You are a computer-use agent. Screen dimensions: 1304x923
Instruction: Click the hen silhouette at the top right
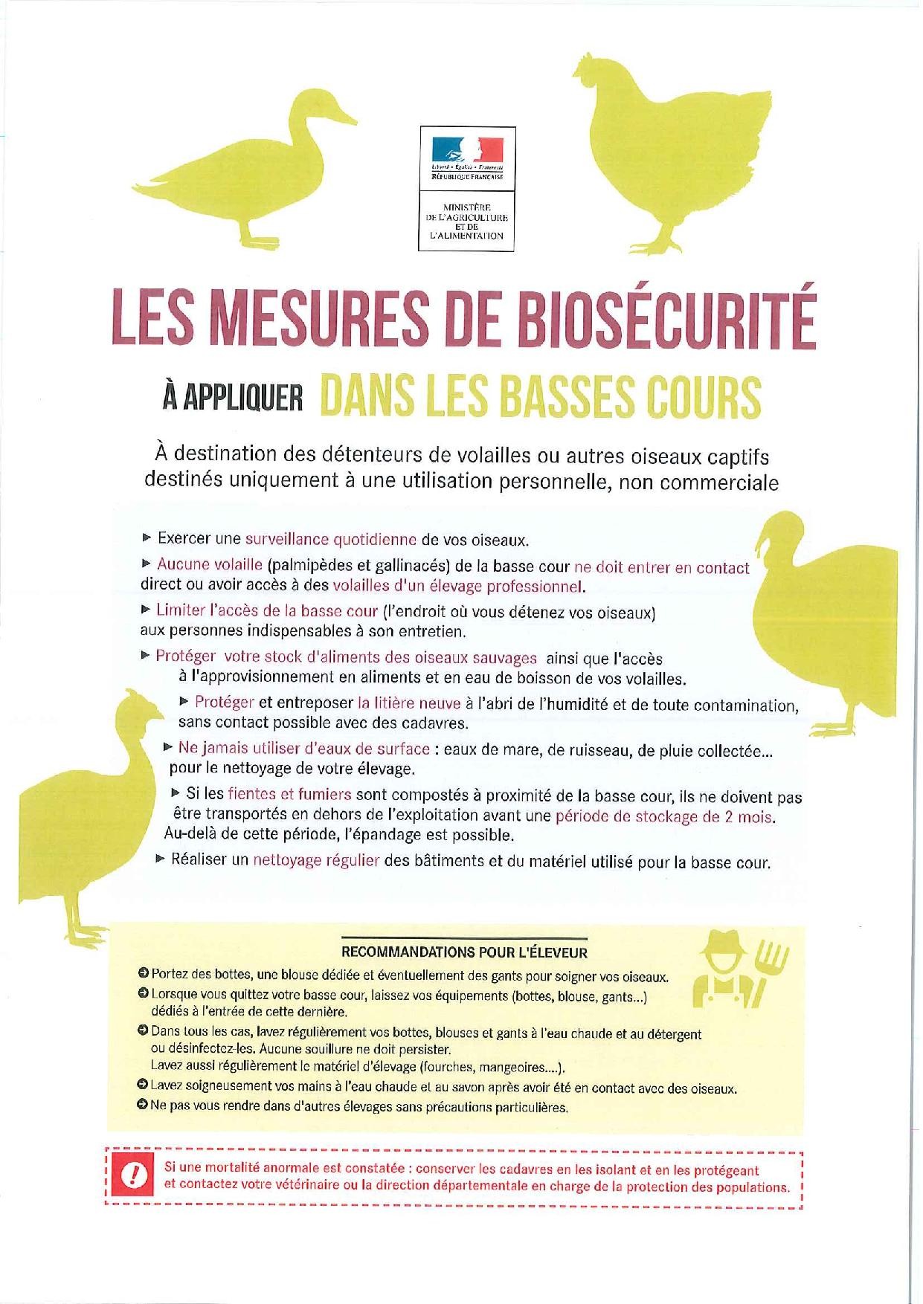coord(673,149)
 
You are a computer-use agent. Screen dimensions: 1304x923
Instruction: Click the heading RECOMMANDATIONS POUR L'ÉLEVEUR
coord(463,952)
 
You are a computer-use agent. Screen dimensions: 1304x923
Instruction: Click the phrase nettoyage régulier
coord(316,861)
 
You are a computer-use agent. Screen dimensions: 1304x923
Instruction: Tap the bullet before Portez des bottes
coord(143,974)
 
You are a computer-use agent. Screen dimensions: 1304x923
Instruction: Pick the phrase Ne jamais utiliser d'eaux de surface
coord(303,749)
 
